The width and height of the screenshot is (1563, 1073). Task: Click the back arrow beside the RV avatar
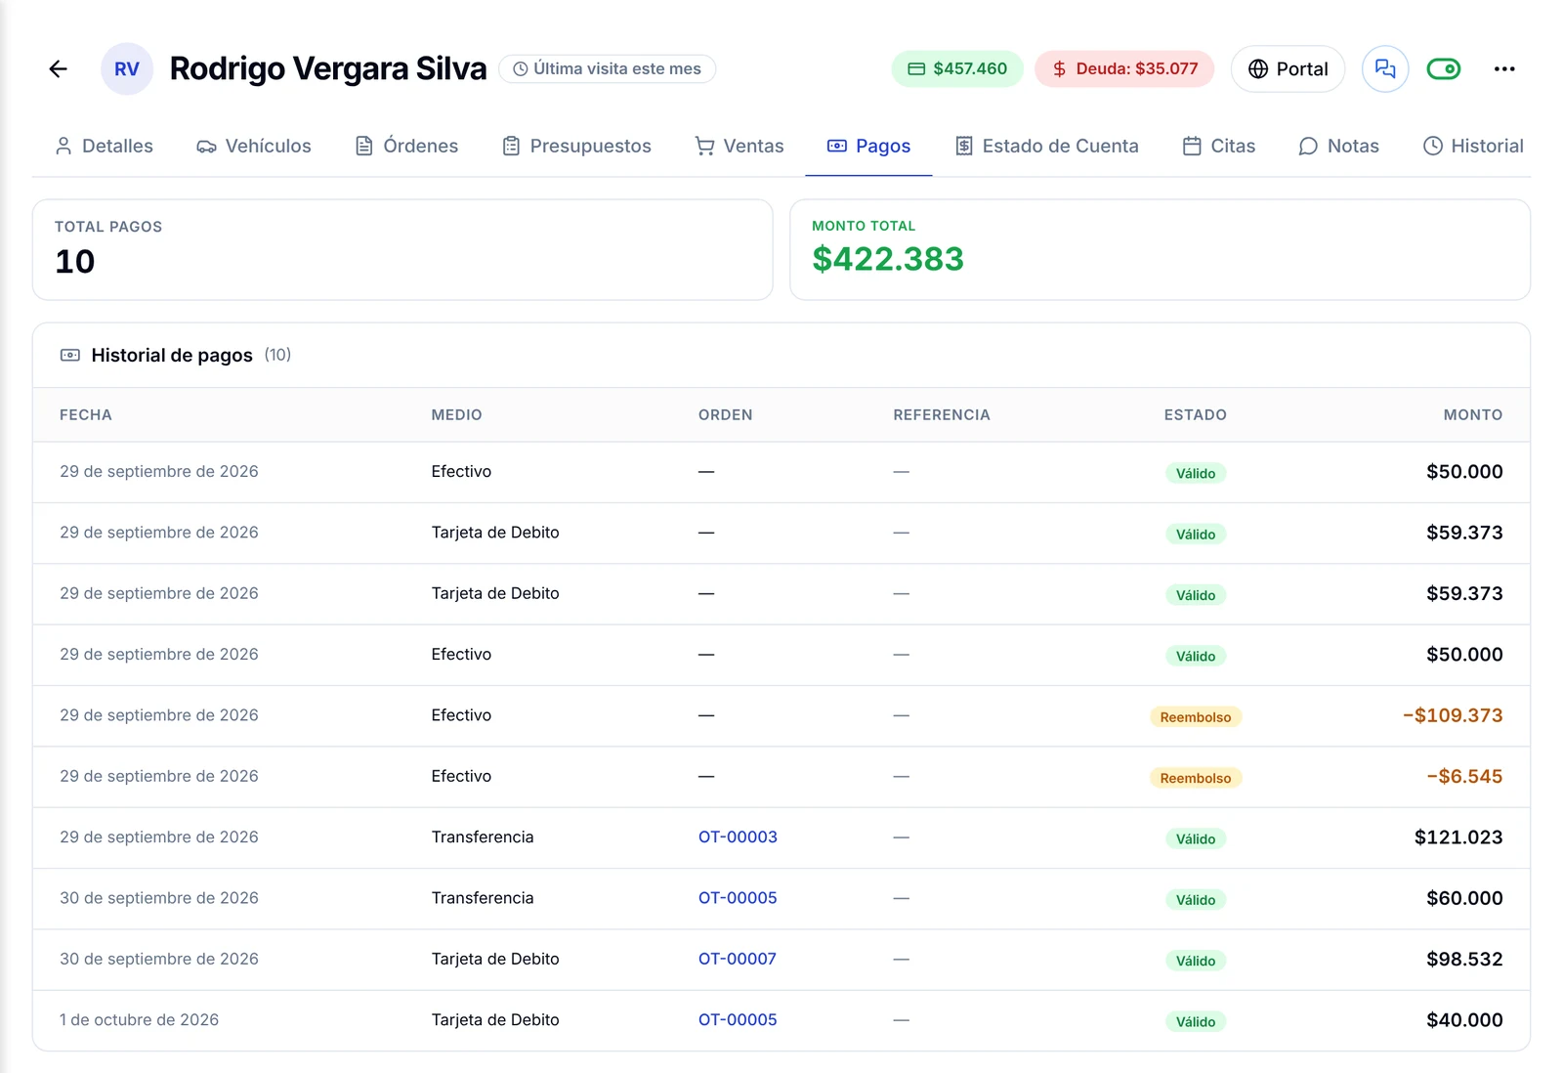(x=58, y=68)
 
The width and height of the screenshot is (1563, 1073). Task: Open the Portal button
(x=1288, y=68)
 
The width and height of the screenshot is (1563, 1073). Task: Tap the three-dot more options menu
(x=1503, y=68)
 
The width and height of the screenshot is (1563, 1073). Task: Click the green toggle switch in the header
(x=1443, y=68)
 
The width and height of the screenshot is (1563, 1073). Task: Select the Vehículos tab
(x=254, y=146)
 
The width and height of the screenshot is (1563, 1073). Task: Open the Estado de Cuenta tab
(x=1046, y=146)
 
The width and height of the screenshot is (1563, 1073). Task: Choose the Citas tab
(x=1219, y=146)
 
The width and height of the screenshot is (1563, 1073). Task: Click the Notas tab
(x=1339, y=146)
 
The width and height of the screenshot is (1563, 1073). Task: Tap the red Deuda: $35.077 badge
(x=1124, y=68)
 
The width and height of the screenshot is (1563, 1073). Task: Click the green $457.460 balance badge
(x=957, y=68)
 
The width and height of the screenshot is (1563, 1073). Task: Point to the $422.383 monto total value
(x=888, y=259)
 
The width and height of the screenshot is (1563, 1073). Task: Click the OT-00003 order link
(x=738, y=837)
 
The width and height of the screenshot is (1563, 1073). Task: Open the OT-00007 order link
(x=737, y=959)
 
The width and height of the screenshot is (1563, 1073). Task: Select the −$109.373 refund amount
(x=1452, y=715)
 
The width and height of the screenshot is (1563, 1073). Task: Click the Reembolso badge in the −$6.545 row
(x=1196, y=778)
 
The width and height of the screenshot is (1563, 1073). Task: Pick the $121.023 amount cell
(x=1458, y=837)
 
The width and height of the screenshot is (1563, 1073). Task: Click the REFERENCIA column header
(x=942, y=414)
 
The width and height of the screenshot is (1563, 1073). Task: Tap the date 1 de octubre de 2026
(x=139, y=1019)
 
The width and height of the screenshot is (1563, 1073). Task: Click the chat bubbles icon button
(x=1385, y=68)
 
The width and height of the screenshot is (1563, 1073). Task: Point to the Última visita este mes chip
(x=607, y=68)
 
